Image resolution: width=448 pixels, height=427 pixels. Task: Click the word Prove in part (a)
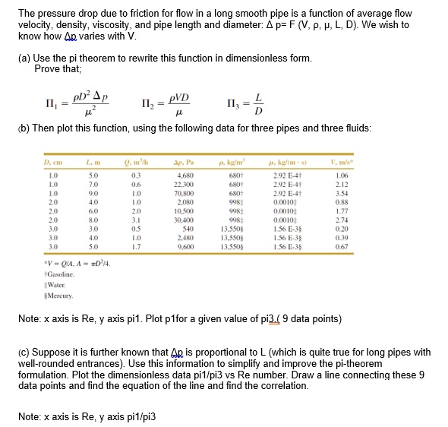46,68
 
